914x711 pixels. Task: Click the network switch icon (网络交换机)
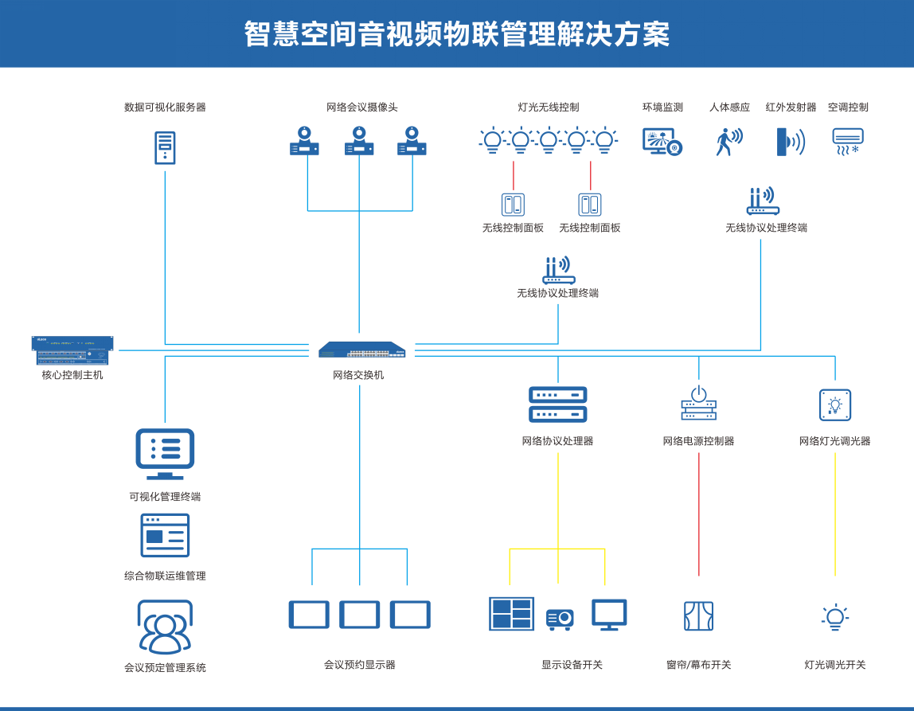pos(362,350)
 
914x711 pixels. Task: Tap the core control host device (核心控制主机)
pos(72,350)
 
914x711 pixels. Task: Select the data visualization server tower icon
pos(165,147)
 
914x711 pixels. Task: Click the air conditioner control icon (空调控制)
pos(847,141)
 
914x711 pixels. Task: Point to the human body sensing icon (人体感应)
pos(728,141)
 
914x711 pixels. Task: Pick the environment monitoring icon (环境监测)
pos(662,141)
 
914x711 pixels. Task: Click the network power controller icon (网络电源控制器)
pos(698,404)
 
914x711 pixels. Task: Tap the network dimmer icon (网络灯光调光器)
pos(835,404)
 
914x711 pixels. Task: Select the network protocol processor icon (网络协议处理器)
pos(558,404)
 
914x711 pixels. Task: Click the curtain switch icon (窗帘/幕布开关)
pos(698,616)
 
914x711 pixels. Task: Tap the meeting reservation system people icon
pos(165,627)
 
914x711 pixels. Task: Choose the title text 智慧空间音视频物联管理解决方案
pos(456,34)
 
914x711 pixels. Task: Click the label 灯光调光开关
pos(834,665)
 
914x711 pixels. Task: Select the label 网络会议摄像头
pos(361,107)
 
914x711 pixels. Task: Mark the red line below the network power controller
pos(699,514)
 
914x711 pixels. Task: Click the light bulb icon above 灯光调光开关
pos(834,617)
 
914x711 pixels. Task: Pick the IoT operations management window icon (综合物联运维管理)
pos(165,535)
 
